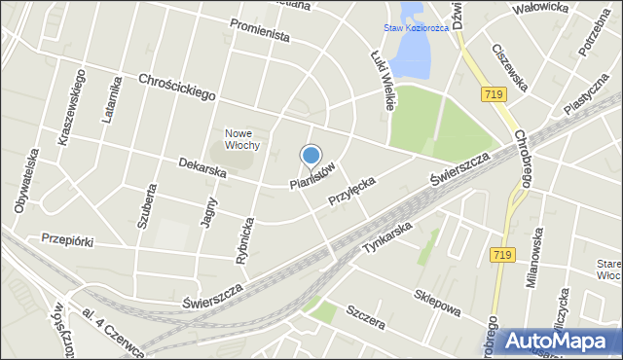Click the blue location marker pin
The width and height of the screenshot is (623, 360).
click(311, 156)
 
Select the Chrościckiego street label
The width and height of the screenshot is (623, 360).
click(175, 89)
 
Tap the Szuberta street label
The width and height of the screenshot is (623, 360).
click(147, 205)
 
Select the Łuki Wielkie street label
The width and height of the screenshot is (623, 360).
click(383, 80)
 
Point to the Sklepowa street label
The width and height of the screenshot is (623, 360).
click(437, 302)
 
